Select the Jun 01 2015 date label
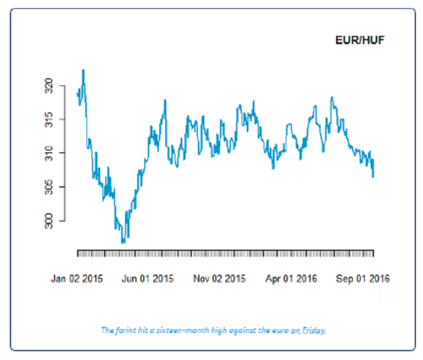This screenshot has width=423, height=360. pyautogui.click(x=148, y=278)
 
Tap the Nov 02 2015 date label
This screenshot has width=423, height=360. pyautogui.click(x=219, y=278)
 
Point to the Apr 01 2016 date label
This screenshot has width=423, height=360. pyautogui.click(x=291, y=278)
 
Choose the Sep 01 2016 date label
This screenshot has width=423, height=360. pyautogui.click(x=364, y=278)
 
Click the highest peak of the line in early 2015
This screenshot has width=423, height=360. pyautogui.click(x=83, y=70)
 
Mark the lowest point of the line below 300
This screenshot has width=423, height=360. pyautogui.click(x=123, y=243)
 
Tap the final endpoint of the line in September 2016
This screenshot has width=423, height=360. pyautogui.click(x=373, y=176)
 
